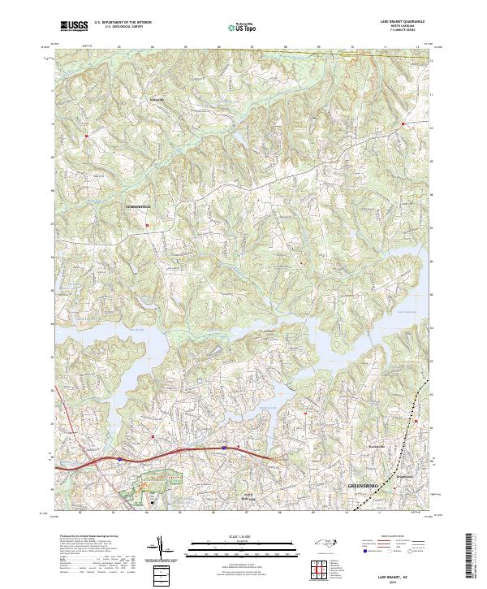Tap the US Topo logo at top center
(x=241, y=27)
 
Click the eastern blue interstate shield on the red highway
(x=224, y=446)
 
